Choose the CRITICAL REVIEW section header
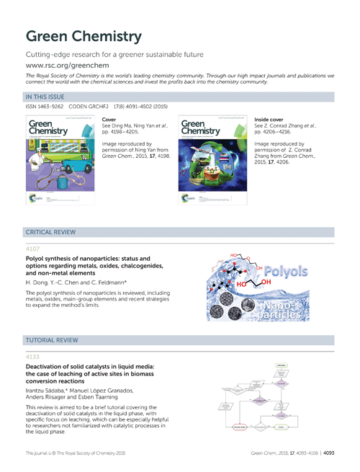point(53,233)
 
